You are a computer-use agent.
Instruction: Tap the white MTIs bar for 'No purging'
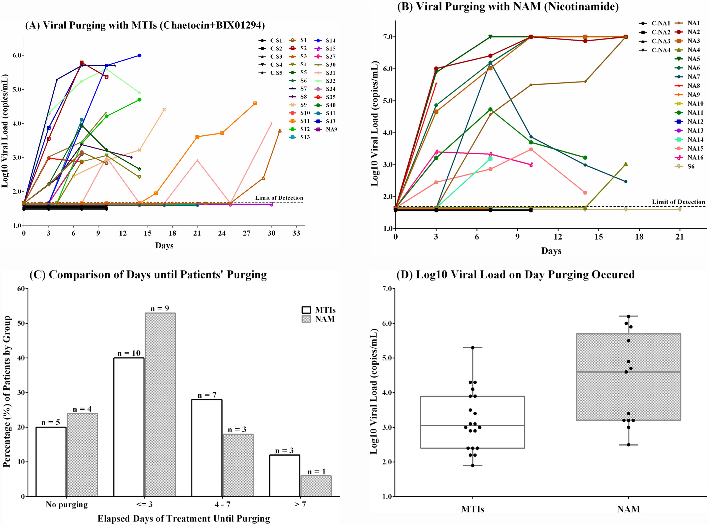[x=51, y=461]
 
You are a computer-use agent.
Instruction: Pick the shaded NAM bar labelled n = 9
[x=160, y=404]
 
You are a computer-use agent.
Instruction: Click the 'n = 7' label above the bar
[x=207, y=395]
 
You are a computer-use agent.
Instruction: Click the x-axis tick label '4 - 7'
[x=222, y=504]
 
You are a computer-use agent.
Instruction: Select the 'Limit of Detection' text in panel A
[x=279, y=198]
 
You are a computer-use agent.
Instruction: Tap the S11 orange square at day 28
[x=255, y=103]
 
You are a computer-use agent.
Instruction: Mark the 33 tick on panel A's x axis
[x=296, y=233]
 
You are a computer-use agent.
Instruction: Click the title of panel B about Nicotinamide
[x=508, y=7]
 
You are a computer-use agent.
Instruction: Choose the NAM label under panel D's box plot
[x=628, y=509]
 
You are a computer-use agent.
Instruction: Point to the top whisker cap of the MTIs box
[x=473, y=348]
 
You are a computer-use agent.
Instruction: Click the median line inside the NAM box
[x=628, y=372]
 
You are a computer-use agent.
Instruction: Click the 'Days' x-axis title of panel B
[x=551, y=251]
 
